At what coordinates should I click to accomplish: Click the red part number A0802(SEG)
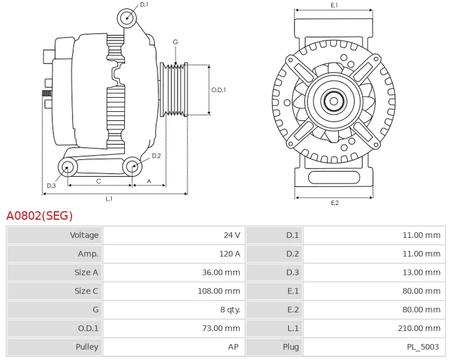[40, 216]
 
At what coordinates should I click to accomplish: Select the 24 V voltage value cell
[232, 235]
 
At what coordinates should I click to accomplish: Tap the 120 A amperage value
[230, 254]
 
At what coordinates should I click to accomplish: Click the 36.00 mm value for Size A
[221, 273]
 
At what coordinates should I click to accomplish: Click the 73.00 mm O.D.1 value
[221, 328]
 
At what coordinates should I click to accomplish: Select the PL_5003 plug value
[423, 347]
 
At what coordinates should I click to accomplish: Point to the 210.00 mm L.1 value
[419, 328]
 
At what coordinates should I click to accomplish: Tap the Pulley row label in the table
[87, 347]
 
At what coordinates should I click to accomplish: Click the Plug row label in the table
[291, 347]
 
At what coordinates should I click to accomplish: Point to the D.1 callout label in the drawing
[144, 5]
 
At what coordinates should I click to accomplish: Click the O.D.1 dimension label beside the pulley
[218, 90]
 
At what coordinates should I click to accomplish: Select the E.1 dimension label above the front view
[334, 5]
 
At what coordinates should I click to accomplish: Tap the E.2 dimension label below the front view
[334, 203]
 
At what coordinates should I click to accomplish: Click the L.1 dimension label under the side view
[109, 199]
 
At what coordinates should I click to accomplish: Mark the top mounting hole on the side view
[127, 18]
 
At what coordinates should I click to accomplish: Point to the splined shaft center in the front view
[334, 102]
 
